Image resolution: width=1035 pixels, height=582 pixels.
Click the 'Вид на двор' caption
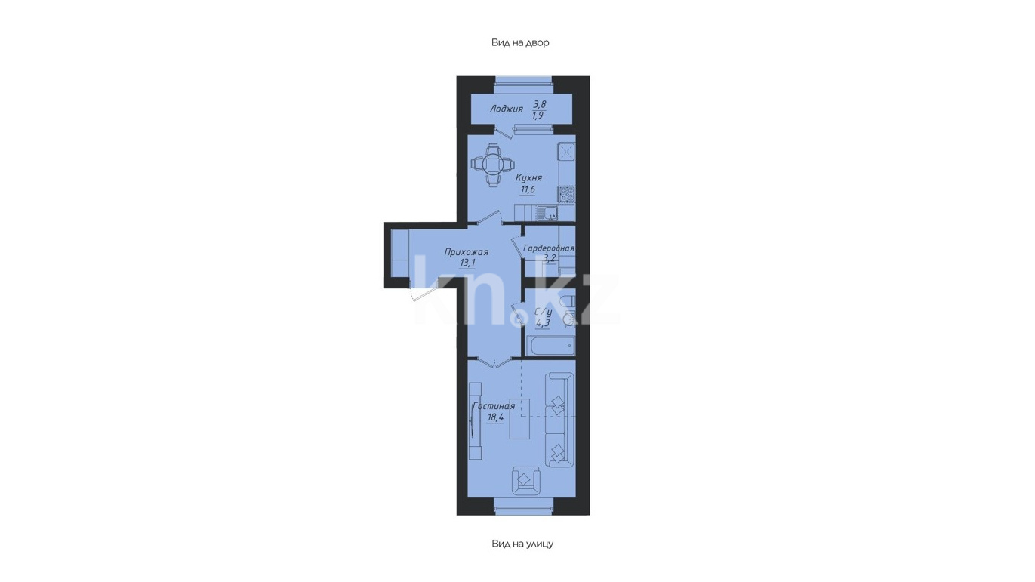tap(520, 42)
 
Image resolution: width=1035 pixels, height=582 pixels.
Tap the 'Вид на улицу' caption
tap(522, 544)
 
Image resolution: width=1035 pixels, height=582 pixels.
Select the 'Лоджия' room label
tap(507, 109)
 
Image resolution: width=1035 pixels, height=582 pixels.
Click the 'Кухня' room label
tap(528, 178)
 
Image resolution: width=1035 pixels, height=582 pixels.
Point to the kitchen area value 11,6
tap(528, 189)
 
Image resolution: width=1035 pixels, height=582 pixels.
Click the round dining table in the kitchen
tap(491, 164)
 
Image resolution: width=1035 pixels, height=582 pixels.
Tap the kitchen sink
tap(547, 213)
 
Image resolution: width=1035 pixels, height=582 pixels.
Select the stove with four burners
tap(567, 194)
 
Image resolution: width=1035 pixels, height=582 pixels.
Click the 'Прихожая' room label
tap(467, 252)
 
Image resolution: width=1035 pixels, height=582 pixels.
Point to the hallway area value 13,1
tap(467, 263)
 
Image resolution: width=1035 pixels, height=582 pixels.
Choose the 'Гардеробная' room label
tap(549, 248)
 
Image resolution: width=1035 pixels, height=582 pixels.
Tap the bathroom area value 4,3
tap(543, 323)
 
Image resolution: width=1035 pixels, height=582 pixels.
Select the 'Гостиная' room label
tap(494, 406)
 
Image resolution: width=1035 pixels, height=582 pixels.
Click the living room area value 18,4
tap(495, 417)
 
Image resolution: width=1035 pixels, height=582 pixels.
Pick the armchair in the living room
tap(526, 480)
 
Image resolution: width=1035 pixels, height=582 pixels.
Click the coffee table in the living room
tap(520, 417)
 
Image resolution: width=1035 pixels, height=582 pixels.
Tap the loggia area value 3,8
tap(539, 104)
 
